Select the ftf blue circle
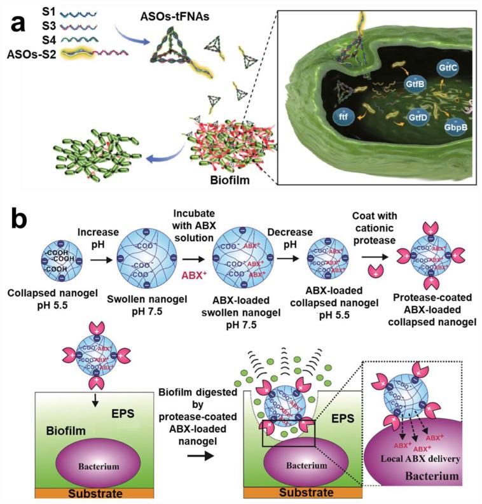[343, 116]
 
